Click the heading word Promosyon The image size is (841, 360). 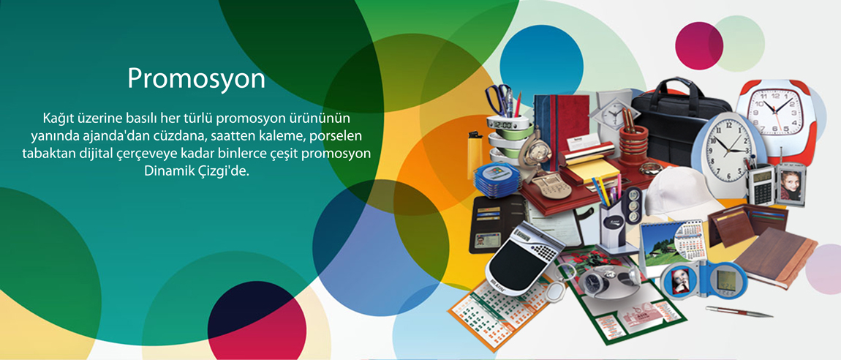pos(196,80)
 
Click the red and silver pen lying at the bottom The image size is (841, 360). pos(739,311)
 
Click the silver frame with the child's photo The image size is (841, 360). pos(791,185)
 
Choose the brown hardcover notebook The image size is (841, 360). pos(775,256)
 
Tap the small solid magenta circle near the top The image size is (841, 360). pos(699,45)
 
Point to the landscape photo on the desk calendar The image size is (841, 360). pos(658,244)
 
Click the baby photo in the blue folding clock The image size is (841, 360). pos(681,280)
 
